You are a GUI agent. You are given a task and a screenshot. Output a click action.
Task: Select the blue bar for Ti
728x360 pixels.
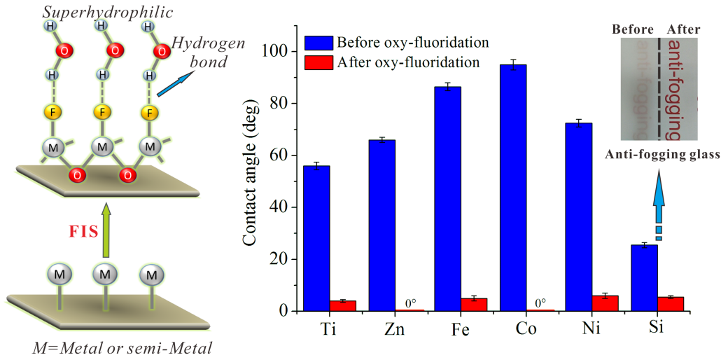click(x=316, y=238)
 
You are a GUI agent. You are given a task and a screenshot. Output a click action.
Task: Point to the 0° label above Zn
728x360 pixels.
click(x=410, y=303)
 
